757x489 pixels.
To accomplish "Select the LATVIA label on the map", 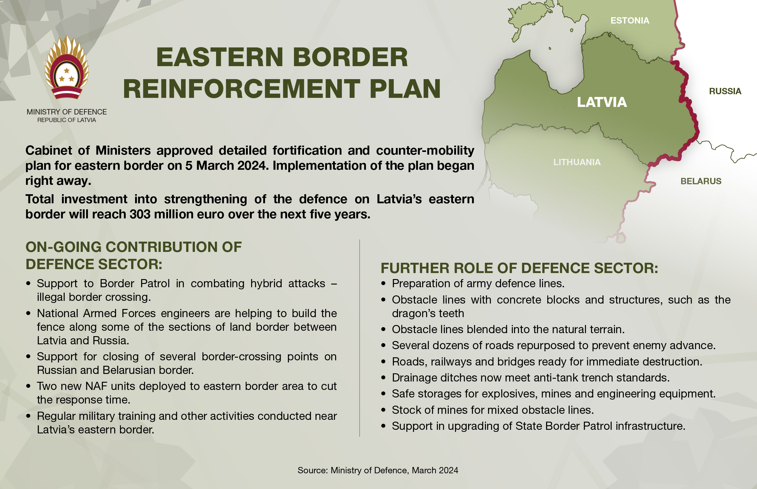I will (602, 102).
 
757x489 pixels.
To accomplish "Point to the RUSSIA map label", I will (725, 92).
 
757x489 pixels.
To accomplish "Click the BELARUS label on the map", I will (701, 181).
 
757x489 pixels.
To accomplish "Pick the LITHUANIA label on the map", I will (577, 162).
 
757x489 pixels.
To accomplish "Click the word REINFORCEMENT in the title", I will (241, 89).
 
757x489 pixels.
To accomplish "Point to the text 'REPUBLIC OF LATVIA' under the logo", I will (66, 120).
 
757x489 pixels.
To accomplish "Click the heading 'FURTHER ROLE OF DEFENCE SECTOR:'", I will (519, 268).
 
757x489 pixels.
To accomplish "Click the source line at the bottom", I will (378, 470).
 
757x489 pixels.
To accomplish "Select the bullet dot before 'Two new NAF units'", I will (29, 386).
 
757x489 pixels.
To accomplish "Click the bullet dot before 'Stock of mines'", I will (383, 410).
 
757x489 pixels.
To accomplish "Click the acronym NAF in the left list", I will (96, 386).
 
